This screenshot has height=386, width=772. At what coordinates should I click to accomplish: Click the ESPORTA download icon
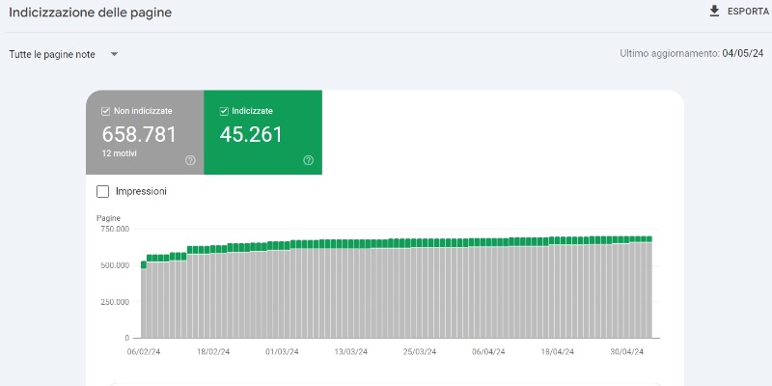pos(714,12)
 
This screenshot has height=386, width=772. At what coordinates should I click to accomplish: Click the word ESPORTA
pos(749,12)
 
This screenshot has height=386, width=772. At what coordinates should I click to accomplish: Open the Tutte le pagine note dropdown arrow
pos(114,54)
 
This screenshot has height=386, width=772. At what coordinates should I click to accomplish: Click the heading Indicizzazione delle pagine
pos(90,13)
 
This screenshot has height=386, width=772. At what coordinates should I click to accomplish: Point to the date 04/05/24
pos(743,53)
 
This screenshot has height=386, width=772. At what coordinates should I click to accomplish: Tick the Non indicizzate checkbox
pos(105,111)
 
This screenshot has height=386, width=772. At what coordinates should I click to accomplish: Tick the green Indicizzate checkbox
pos(224,111)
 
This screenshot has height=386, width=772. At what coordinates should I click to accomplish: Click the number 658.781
pos(139,134)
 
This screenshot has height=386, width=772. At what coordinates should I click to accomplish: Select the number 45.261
pos(251,134)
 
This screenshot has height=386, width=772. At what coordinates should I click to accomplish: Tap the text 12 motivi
pos(119,153)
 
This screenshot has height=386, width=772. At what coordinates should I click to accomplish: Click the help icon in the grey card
pos(190,160)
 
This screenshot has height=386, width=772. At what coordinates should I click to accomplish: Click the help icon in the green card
pos(308,160)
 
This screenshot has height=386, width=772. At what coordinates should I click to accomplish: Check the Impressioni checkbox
pos(102,191)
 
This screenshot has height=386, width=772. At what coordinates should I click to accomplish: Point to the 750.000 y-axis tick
pos(115,229)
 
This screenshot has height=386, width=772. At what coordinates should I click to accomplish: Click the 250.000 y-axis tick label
pos(115,302)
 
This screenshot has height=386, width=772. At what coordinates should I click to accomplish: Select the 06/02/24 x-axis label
pos(144,352)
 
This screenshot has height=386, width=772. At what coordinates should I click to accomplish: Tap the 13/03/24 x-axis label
pos(350,352)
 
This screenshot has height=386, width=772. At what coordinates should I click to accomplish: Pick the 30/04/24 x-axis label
pos(626,352)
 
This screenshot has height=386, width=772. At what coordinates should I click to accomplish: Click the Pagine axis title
pos(108,218)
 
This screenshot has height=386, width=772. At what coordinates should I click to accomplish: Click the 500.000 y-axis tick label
pos(115,265)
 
